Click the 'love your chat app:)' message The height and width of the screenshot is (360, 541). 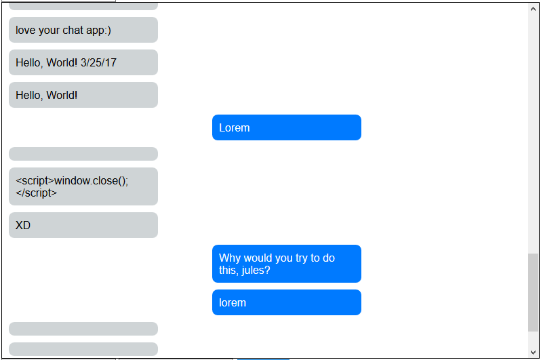83,30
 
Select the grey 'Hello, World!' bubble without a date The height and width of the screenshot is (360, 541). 83,95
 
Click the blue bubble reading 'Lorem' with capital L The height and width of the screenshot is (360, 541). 286,127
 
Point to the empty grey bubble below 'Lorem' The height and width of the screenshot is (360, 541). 83,154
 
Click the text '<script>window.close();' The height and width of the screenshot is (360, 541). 72,180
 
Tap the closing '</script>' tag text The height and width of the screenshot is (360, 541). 37,193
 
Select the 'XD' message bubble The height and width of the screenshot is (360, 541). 83,225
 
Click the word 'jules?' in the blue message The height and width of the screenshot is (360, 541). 256,270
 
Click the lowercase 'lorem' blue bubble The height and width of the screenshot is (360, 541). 286,302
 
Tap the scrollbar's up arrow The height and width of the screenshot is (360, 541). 533,9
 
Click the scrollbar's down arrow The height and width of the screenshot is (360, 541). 533,351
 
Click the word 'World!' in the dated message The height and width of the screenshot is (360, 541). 62,62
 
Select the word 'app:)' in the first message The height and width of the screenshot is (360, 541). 99,30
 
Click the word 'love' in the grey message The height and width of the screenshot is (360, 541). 26,30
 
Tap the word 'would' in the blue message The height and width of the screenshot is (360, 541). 258,258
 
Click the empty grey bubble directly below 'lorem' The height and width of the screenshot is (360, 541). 83,329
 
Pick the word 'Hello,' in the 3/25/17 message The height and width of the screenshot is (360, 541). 29,62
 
